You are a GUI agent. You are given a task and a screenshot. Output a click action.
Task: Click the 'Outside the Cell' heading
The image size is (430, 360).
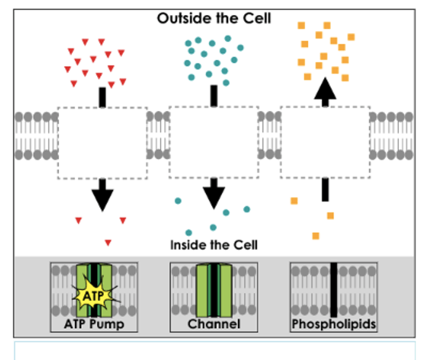214,18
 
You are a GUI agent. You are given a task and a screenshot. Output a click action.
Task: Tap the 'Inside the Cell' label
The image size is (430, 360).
214,245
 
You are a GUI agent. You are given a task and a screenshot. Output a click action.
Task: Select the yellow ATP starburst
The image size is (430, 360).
94,295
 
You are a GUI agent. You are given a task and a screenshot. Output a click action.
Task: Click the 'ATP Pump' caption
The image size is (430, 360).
94,324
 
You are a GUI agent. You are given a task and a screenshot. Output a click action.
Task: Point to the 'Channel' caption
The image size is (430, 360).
214,324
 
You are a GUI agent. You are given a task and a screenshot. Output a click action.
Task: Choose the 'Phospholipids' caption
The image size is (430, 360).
334,324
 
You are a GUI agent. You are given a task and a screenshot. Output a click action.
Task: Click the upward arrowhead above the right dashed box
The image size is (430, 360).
325,89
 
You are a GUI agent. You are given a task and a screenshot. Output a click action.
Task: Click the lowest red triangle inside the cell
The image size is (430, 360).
108,243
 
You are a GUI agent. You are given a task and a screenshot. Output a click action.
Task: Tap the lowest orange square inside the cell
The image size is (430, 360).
316,236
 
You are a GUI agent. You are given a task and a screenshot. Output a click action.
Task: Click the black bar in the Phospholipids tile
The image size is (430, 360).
334,290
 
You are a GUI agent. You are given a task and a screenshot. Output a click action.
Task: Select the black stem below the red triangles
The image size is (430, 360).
102,97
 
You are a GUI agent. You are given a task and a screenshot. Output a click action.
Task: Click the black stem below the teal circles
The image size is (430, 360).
214,96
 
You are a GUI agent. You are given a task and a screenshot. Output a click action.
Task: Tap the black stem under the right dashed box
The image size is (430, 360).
325,190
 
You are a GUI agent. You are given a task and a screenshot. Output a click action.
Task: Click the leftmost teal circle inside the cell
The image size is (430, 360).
178,201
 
